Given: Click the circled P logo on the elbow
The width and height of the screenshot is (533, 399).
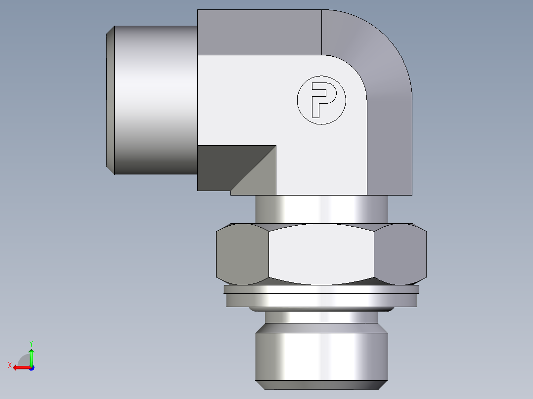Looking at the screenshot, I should (321, 100).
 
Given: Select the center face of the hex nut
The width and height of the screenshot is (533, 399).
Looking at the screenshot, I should (321, 255).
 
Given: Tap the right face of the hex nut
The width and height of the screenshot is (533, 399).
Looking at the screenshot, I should (400, 255).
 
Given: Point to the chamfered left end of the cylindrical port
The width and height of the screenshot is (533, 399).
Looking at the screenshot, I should (111, 99).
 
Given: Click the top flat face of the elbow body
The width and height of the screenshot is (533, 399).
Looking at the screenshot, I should (260, 32).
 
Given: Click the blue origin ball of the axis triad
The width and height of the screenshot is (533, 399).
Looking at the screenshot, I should (31, 368).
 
